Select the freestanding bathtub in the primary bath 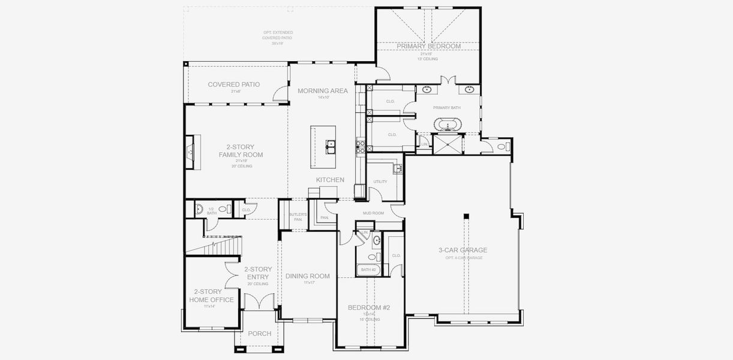[x=447, y=125]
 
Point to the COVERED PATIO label [x=234, y=85]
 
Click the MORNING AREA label [x=323, y=91]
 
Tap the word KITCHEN [x=331, y=180]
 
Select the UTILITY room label [x=380, y=182]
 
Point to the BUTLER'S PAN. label [x=298, y=217]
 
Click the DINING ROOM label [x=308, y=276]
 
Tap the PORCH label [x=260, y=334]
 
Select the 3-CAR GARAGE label [x=463, y=250]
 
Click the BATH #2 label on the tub [x=368, y=270]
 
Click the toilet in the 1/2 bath [x=223, y=209]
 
